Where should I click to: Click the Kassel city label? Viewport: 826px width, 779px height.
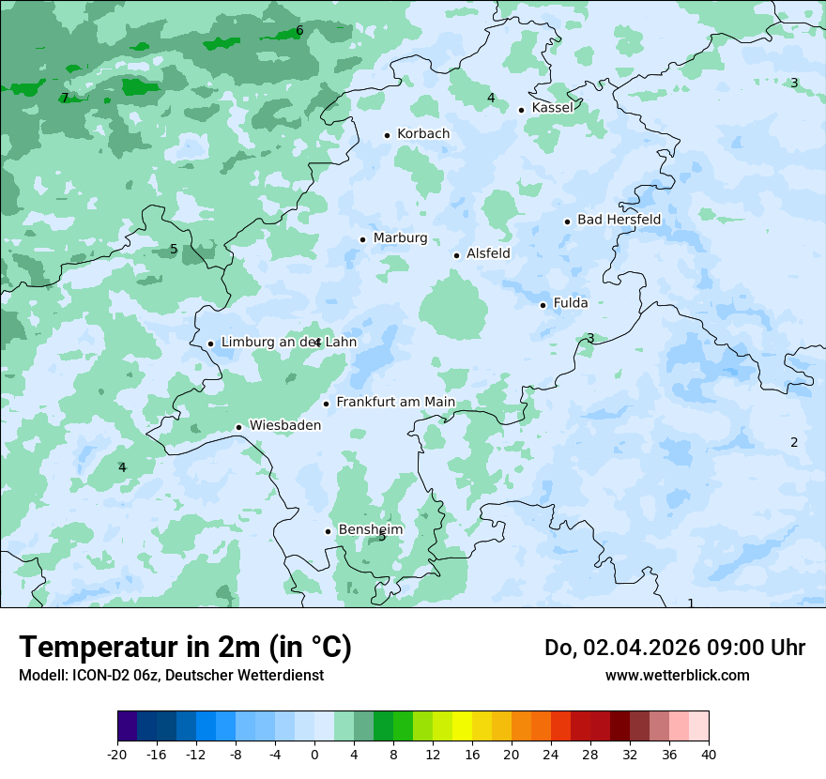[x=552, y=108]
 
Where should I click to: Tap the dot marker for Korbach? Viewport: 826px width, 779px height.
[x=387, y=135]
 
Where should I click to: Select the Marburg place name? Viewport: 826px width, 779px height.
[x=400, y=238]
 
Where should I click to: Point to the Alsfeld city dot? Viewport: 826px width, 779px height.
[x=456, y=255]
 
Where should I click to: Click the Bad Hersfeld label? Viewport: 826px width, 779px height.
[x=619, y=221]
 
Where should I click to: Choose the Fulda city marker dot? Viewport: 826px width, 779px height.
[x=543, y=305]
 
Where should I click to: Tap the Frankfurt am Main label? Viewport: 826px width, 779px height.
[x=395, y=403]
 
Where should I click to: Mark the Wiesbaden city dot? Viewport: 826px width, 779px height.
[x=238, y=428]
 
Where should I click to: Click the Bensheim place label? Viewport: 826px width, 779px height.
[x=370, y=530]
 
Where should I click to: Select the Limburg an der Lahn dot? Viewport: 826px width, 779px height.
[x=210, y=344]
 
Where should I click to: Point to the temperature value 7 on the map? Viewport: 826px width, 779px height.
[x=64, y=98]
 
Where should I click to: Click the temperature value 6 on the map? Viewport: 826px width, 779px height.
[x=299, y=30]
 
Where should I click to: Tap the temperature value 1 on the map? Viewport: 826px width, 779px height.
[x=691, y=603]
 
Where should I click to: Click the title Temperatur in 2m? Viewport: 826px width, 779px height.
[x=185, y=648]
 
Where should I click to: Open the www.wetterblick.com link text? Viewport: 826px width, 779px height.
[x=677, y=676]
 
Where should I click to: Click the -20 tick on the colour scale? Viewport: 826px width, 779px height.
[x=117, y=755]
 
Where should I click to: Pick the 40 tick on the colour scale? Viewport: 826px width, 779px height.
[x=709, y=755]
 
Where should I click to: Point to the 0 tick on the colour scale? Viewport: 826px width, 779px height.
[x=314, y=755]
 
